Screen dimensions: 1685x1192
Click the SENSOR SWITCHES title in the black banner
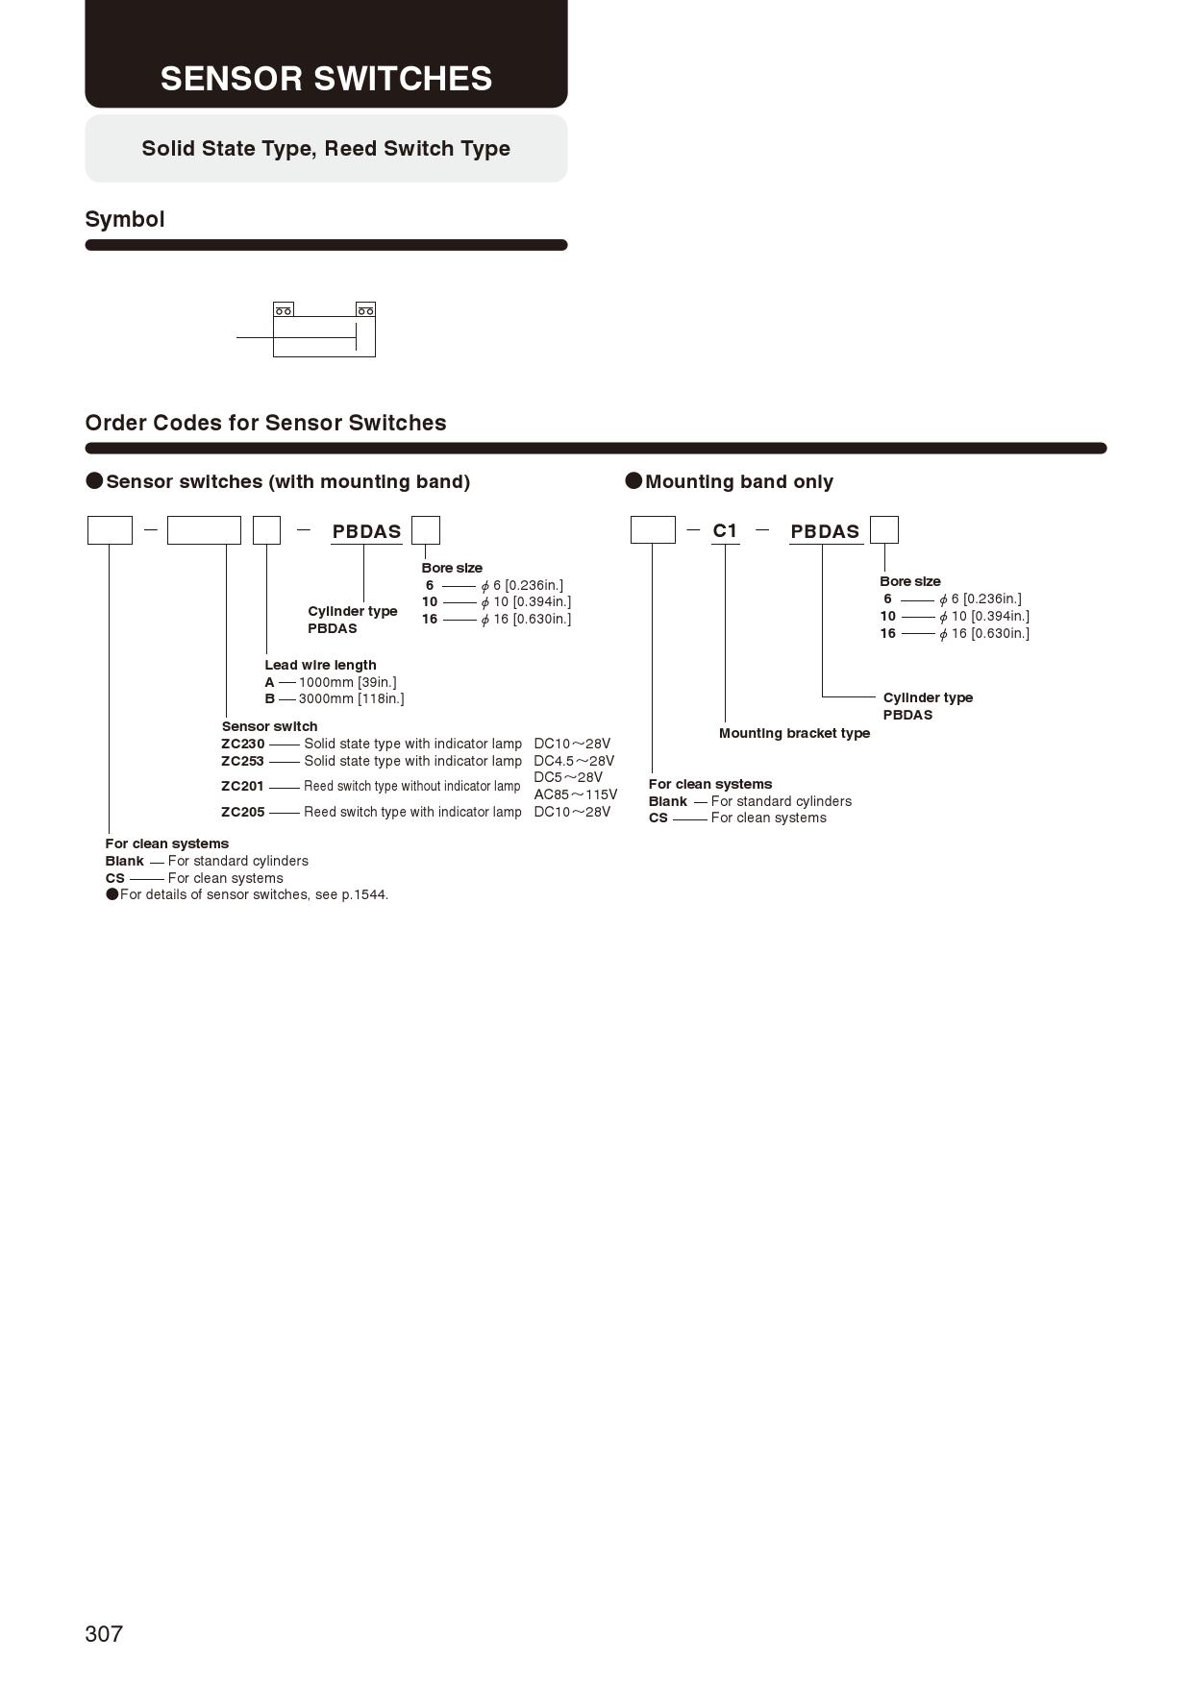pos(326,79)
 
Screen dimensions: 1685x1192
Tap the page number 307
pos(104,1634)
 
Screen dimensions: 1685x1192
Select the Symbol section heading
pos(125,219)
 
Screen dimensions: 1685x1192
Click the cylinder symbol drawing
pos(324,330)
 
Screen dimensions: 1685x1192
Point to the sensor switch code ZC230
pos(242,744)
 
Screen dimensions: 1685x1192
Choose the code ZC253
pos(242,761)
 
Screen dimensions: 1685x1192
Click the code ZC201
pos(242,786)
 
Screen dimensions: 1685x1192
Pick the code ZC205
pos(242,812)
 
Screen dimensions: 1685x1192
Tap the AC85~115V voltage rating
pos(575,794)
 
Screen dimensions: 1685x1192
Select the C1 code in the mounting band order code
pos(725,530)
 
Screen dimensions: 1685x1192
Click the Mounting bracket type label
pos(794,733)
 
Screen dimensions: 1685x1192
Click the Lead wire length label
pos(320,665)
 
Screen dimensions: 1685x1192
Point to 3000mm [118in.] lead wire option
pos(351,698)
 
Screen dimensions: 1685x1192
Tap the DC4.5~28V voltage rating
pos(574,761)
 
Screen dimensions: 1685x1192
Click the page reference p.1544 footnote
pos(364,894)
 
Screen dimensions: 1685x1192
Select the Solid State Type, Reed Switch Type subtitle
pos(326,148)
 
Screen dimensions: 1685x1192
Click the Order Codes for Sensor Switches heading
pos(265,423)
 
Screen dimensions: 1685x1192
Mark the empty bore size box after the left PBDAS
pos(425,530)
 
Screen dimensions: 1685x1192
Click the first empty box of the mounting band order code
pos(653,530)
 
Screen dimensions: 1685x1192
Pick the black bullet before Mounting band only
pos(633,480)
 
